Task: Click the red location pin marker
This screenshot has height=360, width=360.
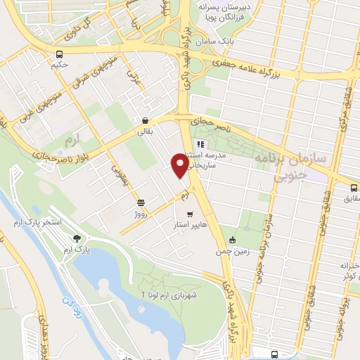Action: pyautogui.click(x=180, y=165)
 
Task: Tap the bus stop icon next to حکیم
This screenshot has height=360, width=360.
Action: pyautogui.click(x=60, y=54)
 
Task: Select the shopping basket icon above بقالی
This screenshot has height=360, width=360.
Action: pyautogui.click(x=144, y=120)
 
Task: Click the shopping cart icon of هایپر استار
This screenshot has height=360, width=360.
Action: pyautogui.click(x=189, y=214)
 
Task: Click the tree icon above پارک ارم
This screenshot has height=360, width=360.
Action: pyautogui.click(x=77, y=239)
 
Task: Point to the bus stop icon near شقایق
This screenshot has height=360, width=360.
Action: pyautogui.click(x=354, y=187)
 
